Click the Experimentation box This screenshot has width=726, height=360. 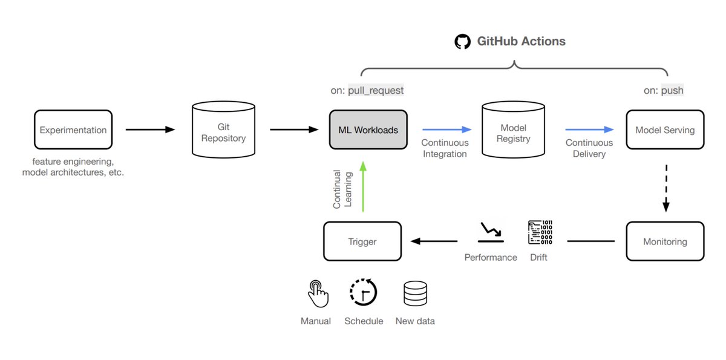tap(73, 129)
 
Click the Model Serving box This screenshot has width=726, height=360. tap(665, 129)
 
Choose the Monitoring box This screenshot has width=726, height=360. tap(665, 241)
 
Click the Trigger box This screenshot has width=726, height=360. tap(362, 241)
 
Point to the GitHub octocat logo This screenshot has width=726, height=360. tap(462, 42)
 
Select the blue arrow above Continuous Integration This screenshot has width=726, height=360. tap(446, 129)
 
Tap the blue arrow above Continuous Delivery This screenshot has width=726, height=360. tap(589, 129)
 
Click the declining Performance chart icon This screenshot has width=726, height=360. tap(490, 231)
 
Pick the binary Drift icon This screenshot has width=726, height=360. tap(540, 232)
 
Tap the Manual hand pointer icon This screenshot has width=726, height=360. tap(316, 293)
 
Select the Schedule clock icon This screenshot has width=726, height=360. tap(363, 293)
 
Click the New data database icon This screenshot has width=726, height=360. tap(415, 293)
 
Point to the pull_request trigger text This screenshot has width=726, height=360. tap(375, 90)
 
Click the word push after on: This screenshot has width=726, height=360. tap(672, 90)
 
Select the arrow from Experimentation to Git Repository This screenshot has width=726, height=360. tap(150, 129)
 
